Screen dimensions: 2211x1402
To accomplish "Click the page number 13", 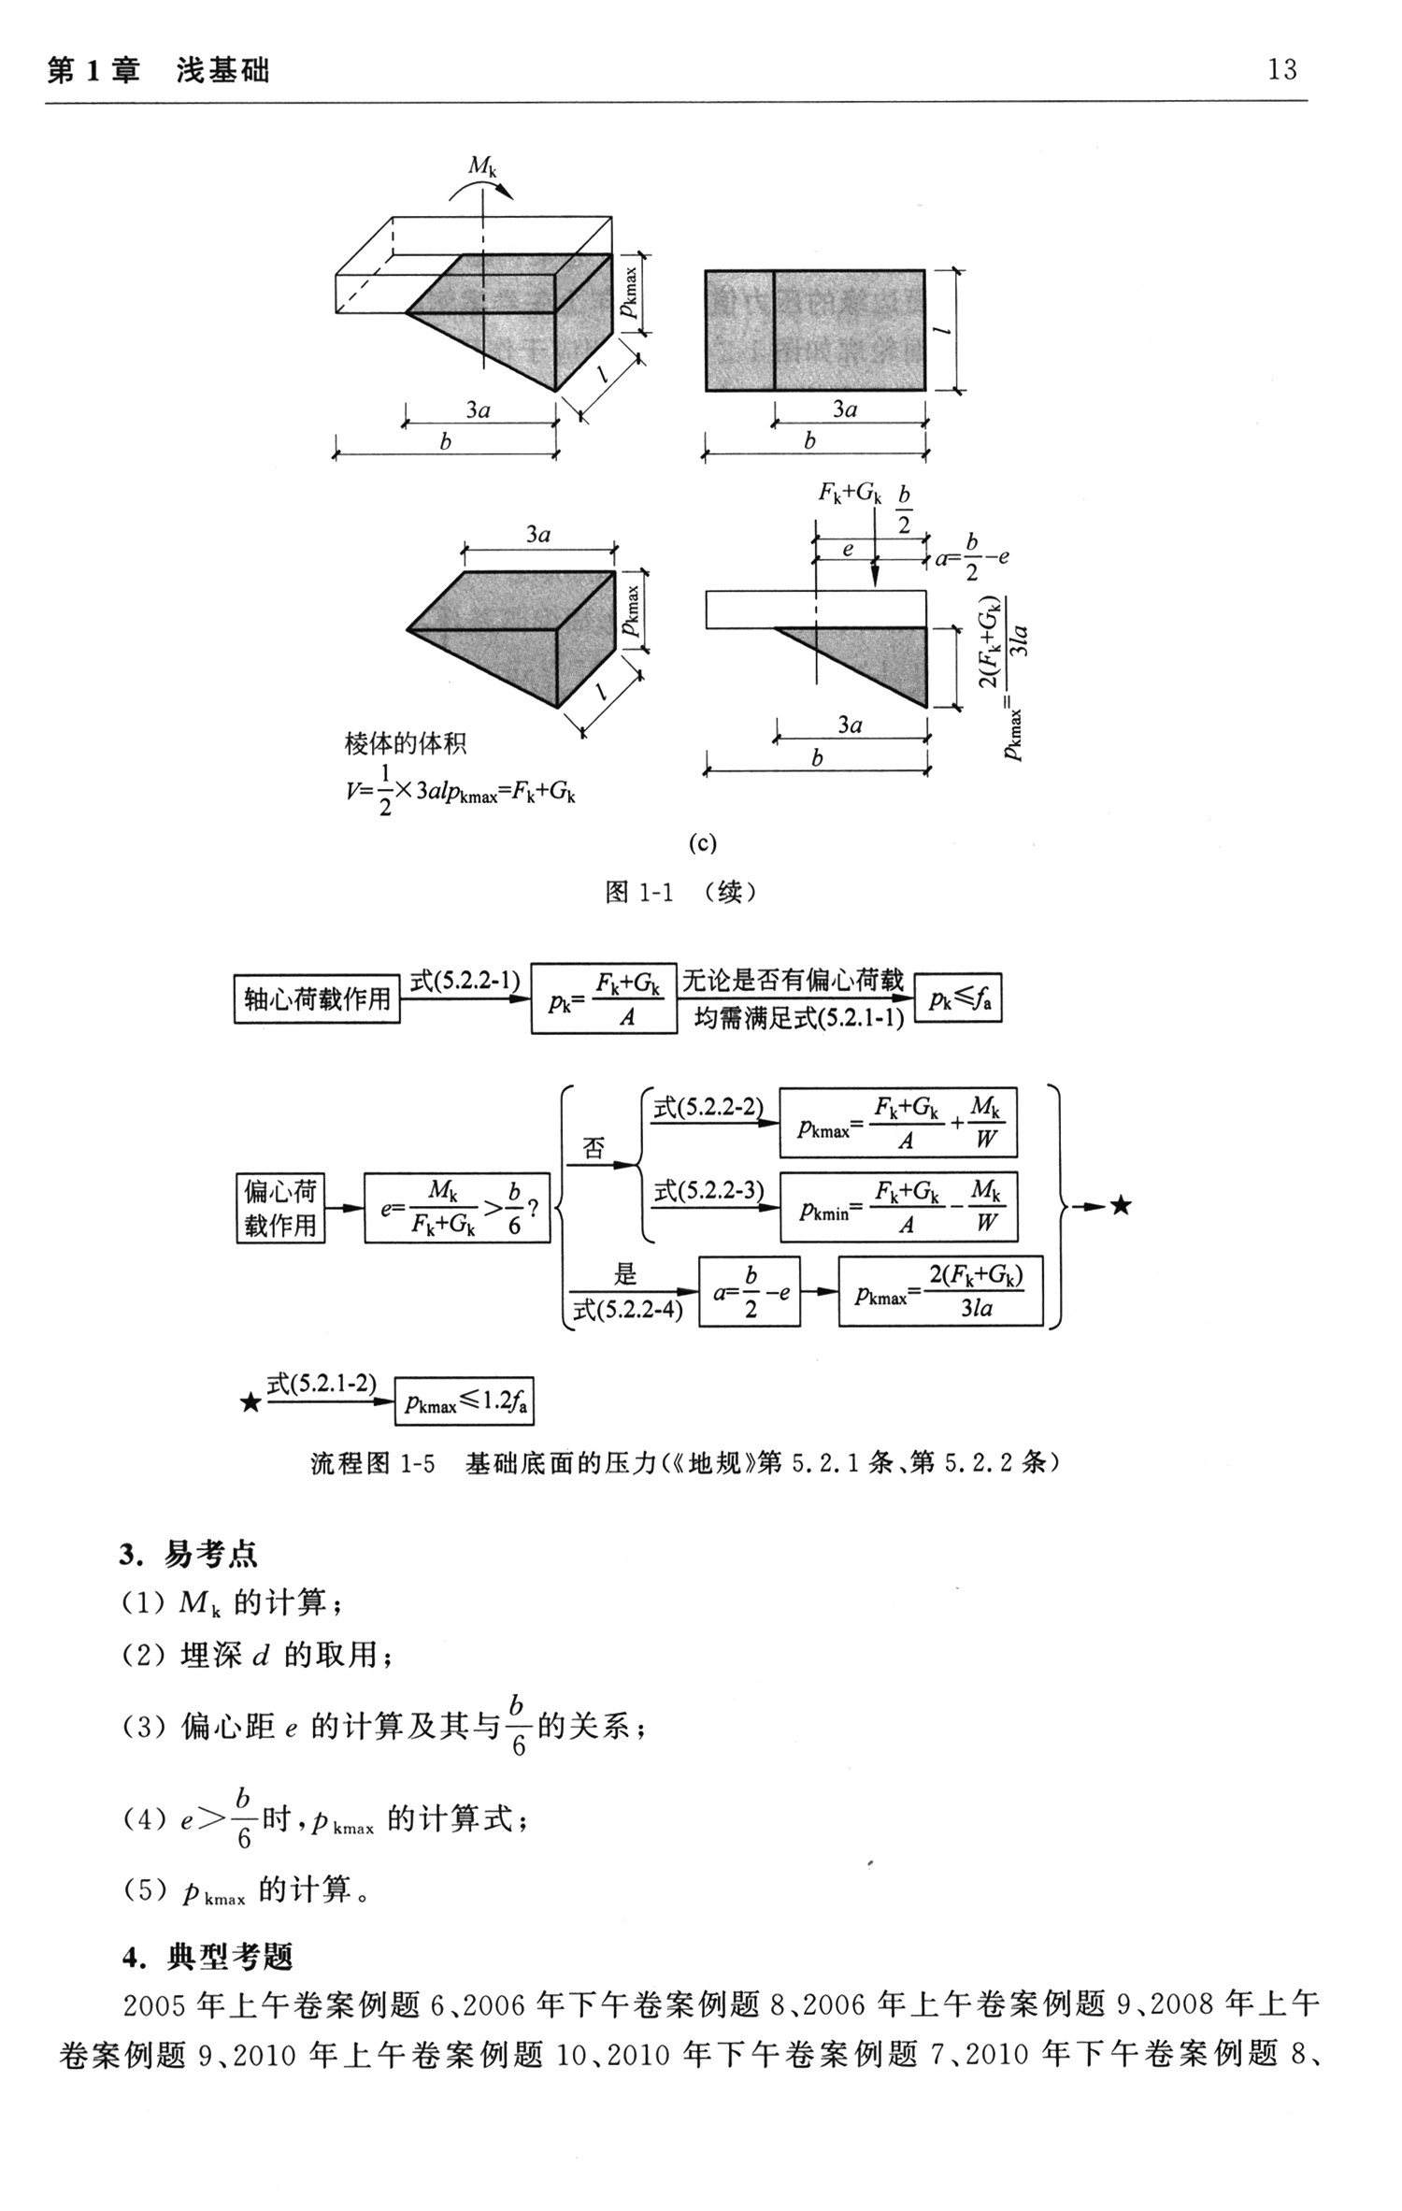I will pos(1281,69).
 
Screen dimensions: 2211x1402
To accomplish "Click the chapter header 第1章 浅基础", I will pos(158,71).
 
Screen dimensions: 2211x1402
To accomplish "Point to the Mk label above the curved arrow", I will pos(482,166).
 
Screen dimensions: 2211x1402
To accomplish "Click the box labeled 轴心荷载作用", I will pos(317,999).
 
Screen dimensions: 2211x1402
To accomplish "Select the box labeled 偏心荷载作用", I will pos(280,1208).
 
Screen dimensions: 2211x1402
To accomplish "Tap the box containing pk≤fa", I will pos(957,998).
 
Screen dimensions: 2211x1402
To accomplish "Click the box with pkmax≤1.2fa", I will pos(465,1400).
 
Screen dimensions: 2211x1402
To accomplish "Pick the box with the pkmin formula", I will pos(898,1207).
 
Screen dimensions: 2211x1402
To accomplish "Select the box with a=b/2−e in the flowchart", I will pos(750,1292).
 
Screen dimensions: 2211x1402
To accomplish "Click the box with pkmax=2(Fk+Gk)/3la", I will pos(939,1291).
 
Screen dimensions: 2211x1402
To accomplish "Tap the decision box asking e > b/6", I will pos(457,1209).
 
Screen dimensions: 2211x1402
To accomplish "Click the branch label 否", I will pos(594,1149).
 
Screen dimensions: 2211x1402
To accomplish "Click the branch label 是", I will pos(624,1273).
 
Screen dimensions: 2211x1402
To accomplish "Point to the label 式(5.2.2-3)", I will pos(708,1190).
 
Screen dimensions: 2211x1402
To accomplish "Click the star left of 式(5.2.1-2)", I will pos(250,1402).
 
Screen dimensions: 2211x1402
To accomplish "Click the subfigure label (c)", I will pos(702,843).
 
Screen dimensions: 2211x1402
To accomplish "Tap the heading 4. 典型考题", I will pos(207,1956).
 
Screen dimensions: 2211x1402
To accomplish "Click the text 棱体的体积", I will pos(405,744).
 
